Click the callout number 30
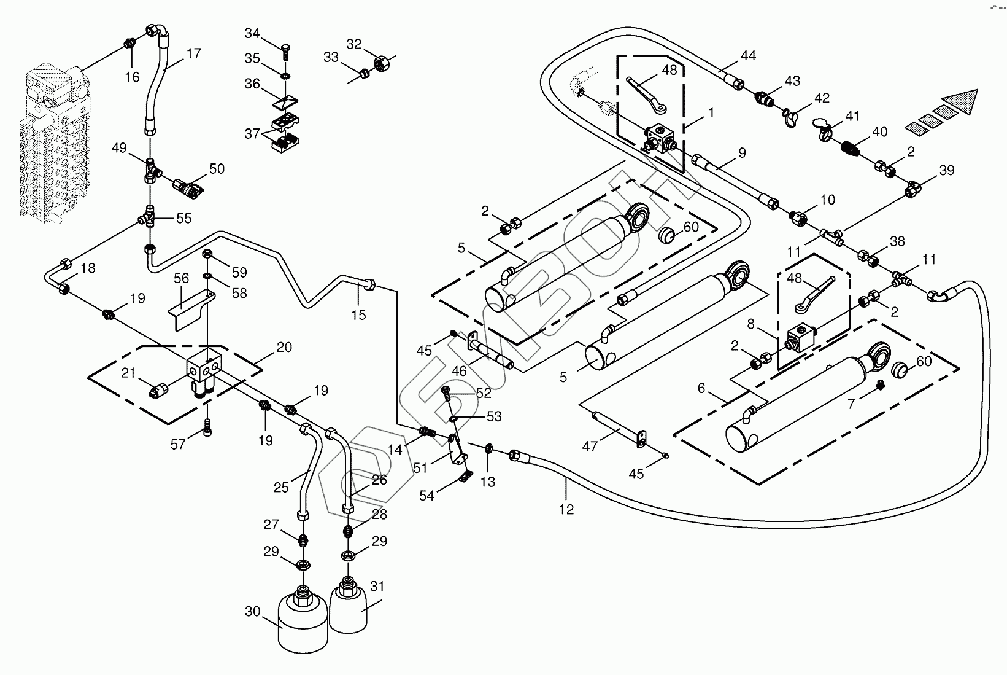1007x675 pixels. pyautogui.click(x=253, y=612)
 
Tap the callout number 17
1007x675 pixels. pyautogui.click(x=193, y=54)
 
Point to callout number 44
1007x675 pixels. pyautogui.click(x=747, y=56)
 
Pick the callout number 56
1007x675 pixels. pyautogui.click(x=181, y=278)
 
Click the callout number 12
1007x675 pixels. pyautogui.click(x=566, y=509)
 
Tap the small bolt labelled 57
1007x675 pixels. pyautogui.click(x=209, y=424)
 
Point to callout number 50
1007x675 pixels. pyautogui.click(x=217, y=169)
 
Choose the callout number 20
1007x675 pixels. pyautogui.click(x=284, y=347)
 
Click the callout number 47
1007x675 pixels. pyautogui.click(x=590, y=447)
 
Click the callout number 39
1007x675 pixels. pyautogui.click(x=947, y=170)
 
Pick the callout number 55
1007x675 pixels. pyautogui.click(x=183, y=218)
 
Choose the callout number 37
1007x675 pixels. pyautogui.click(x=252, y=133)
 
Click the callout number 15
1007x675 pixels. pyautogui.click(x=358, y=315)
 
